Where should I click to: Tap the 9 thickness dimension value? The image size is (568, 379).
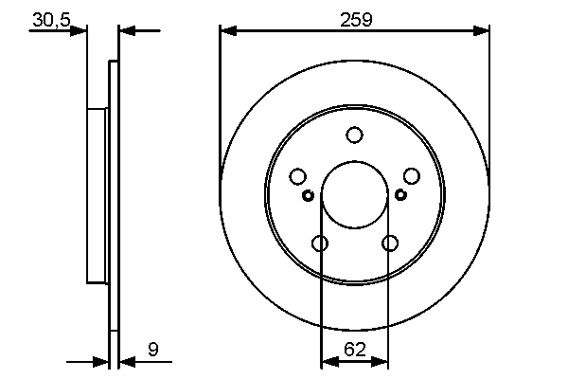pyautogui.click(x=152, y=350)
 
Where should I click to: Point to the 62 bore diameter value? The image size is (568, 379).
pyautogui.click(x=354, y=350)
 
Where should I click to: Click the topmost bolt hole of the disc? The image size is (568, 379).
pyautogui.click(x=354, y=135)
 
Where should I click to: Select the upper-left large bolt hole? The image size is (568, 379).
pyautogui.click(x=297, y=176)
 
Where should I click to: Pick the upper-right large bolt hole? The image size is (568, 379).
pyautogui.click(x=411, y=176)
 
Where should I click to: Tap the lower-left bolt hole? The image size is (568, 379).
pyautogui.click(x=319, y=244)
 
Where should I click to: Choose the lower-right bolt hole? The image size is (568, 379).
pyautogui.click(x=389, y=244)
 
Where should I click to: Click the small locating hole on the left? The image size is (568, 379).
pyautogui.click(x=308, y=195)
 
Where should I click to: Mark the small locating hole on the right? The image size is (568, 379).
pyautogui.click(x=400, y=195)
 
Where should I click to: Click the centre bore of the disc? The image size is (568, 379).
pyautogui.click(x=354, y=194)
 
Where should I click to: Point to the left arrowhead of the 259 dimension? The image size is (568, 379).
pyautogui.click(x=226, y=30)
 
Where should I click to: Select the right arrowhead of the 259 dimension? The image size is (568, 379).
pyautogui.click(x=483, y=30)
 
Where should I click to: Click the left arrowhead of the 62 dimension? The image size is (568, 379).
pyautogui.click(x=328, y=361)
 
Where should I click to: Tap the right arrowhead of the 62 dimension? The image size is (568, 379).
pyautogui.click(x=381, y=361)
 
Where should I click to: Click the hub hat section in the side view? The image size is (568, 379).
pyautogui.click(x=96, y=194)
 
